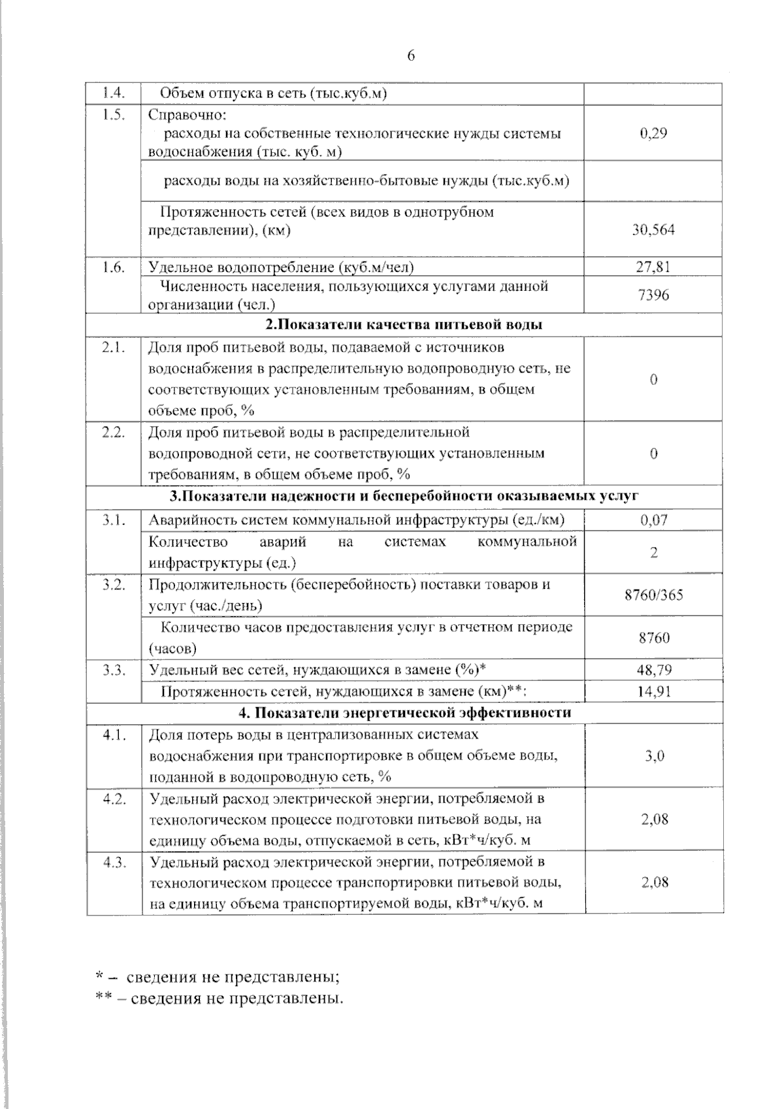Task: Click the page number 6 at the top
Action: (x=411, y=56)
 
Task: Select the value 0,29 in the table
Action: (x=653, y=133)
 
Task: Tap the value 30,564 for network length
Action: (x=653, y=229)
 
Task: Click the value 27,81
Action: (x=653, y=267)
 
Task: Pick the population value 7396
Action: (x=653, y=295)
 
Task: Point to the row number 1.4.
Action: (x=114, y=93)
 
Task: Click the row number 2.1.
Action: (x=114, y=347)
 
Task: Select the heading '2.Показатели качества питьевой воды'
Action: (x=404, y=325)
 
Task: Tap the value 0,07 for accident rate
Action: (x=653, y=520)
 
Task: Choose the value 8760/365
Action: (x=653, y=595)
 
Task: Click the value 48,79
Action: (x=653, y=670)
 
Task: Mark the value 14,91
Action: (x=653, y=691)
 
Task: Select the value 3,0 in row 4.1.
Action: (x=653, y=755)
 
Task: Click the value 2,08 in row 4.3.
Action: (x=653, y=882)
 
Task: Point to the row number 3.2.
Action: (x=114, y=584)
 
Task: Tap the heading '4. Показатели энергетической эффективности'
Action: (x=404, y=712)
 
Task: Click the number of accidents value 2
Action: (x=653, y=553)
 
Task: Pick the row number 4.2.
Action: (x=114, y=799)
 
